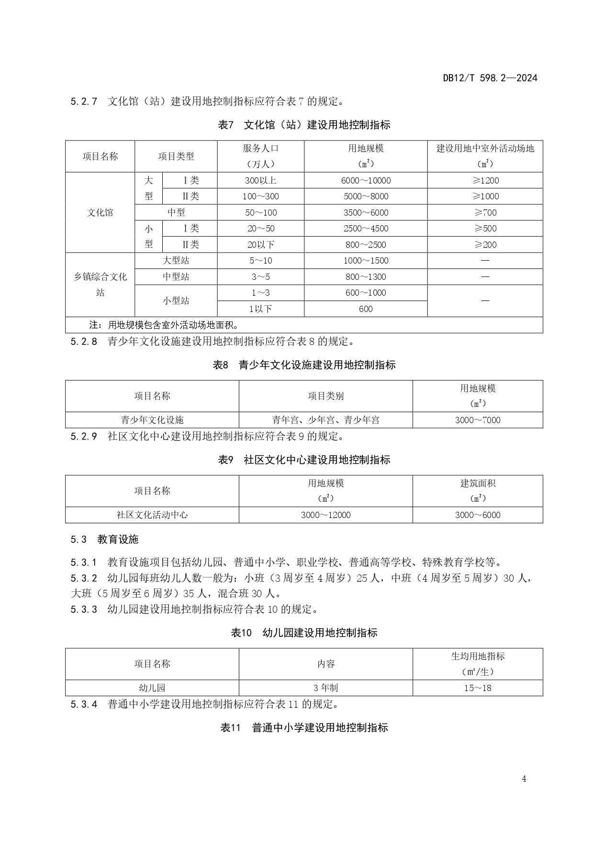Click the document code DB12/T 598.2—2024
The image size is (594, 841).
coord(490,78)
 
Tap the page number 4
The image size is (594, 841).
coord(524,779)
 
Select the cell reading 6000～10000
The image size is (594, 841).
coord(366,181)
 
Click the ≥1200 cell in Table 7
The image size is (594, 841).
coord(485,181)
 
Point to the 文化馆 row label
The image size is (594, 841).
coord(100,213)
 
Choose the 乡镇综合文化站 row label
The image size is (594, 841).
coord(100,285)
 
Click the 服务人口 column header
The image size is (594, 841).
coord(260,156)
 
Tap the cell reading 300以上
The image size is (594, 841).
coord(260,181)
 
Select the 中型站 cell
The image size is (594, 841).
coord(176,277)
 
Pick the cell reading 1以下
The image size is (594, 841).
coord(260,309)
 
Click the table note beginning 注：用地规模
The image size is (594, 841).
coord(164,325)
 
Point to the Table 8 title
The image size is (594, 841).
coord(304,365)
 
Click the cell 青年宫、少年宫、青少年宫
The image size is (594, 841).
coord(325,420)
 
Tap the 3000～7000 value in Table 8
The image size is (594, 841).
coord(478,420)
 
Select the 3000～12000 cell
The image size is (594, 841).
coord(325,515)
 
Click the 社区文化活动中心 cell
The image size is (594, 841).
coord(152,515)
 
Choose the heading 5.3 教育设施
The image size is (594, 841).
coord(104,540)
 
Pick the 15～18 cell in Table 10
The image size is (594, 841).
coord(478,688)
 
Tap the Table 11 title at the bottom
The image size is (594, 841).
coord(304,728)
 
